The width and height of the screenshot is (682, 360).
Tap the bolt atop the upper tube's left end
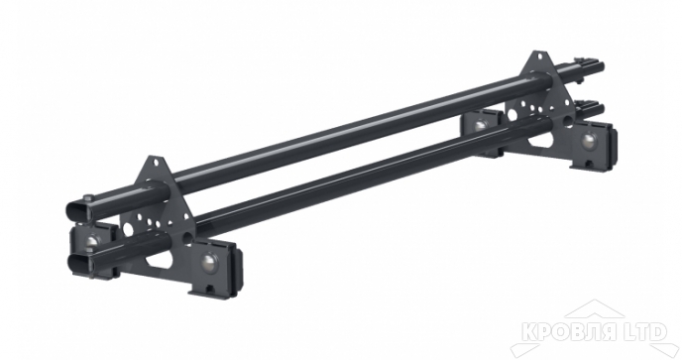point(87,198)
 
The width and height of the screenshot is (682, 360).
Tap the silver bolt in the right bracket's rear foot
point(482,125)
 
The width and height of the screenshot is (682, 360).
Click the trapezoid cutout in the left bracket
point(159,266)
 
